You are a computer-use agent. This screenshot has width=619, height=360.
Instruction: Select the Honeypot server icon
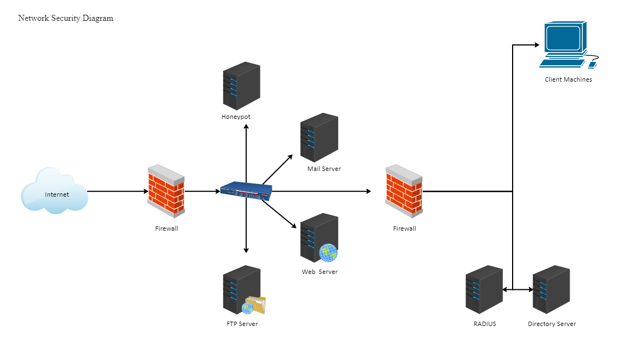click(x=241, y=86)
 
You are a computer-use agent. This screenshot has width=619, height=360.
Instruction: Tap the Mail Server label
click(x=324, y=169)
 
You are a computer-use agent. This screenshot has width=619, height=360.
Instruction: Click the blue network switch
click(x=246, y=191)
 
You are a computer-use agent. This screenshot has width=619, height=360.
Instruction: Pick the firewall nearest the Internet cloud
click(x=166, y=189)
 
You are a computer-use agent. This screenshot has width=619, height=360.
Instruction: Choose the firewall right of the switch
click(x=404, y=189)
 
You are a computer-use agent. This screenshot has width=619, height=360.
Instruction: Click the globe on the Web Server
click(x=328, y=253)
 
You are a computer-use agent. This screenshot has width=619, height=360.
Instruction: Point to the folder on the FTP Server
click(x=257, y=304)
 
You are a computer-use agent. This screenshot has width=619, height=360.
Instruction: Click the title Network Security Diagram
click(x=66, y=18)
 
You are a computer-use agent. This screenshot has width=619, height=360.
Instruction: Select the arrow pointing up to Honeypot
click(x=246, y=153)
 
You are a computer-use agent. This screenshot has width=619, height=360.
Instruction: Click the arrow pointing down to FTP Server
click(x=246, y=227)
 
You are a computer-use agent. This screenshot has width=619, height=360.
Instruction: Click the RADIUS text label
click(x=485, y=324)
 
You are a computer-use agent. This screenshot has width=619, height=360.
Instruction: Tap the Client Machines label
click(x=568, y=79)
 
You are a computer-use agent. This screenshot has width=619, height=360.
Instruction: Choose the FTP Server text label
click(x=242, y=324)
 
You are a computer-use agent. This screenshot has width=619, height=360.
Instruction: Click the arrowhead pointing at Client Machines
click(x=537, y=45)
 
